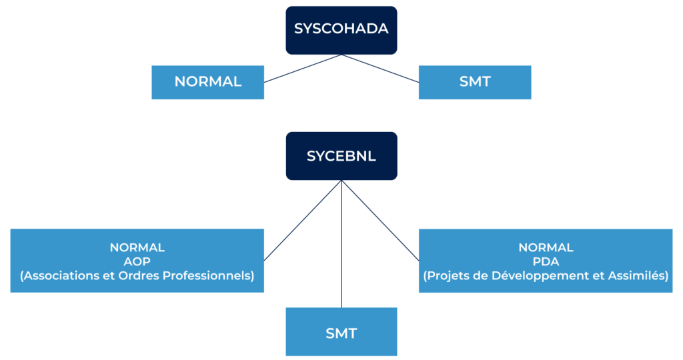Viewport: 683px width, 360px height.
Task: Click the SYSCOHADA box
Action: coord(341,30)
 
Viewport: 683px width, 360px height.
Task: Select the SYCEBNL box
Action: coord(341,156)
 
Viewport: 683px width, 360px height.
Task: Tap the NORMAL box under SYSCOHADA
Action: coord(207,82)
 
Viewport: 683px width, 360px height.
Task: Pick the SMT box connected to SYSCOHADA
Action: coord(475,82)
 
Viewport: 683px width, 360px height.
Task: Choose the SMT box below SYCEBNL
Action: coord(341,332)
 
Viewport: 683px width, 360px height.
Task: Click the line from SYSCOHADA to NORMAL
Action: coord(303,69)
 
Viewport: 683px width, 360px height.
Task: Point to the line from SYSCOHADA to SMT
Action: coord(380,69)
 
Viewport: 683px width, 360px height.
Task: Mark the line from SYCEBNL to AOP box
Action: coord(303,220)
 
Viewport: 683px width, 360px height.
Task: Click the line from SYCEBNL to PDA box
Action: coord(380,220)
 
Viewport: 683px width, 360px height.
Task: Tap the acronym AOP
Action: coord(137,261)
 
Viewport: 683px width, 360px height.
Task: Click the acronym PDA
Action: coord(546,261)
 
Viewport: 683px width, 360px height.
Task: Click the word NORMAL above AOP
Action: coord(137,247)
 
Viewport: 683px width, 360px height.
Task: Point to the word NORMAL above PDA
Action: coord(546,247)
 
